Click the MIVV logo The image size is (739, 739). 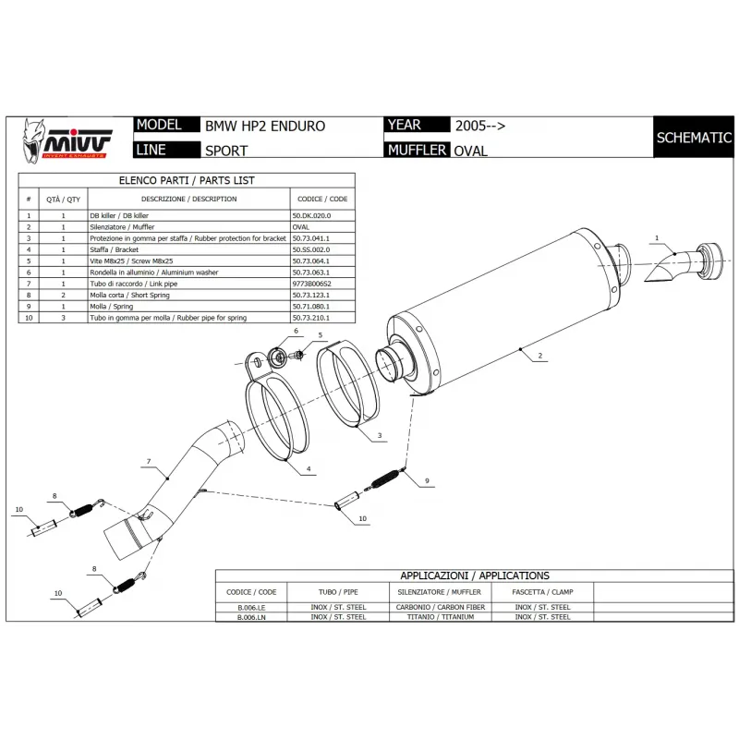click(x=67, y=141)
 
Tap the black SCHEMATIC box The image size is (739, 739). click(x=694, y=137)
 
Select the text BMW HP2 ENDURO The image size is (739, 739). click(x=265, y=126)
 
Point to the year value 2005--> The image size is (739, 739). click(x=480, y=126)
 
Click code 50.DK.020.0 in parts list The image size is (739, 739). click(x=311, y=215)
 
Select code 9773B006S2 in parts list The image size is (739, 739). click(x=311, y=284)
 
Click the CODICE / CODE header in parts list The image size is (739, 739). click(x=322, y=199)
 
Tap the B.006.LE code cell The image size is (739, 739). click(x=251, y=608)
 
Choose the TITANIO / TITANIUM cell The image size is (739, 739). click(x=441, y=617)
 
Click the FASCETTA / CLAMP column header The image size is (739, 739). click(x=542, y=592)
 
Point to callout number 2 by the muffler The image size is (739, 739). click(x=540, y=356)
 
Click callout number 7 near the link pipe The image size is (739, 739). click(x=149, y=461)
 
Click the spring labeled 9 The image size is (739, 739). click(x=386, y=479)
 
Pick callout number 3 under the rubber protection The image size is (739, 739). click(x=380, y=435)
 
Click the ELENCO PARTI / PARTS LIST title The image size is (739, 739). click(x=187, y=180)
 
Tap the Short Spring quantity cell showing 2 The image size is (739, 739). click(x=63, y=295)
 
